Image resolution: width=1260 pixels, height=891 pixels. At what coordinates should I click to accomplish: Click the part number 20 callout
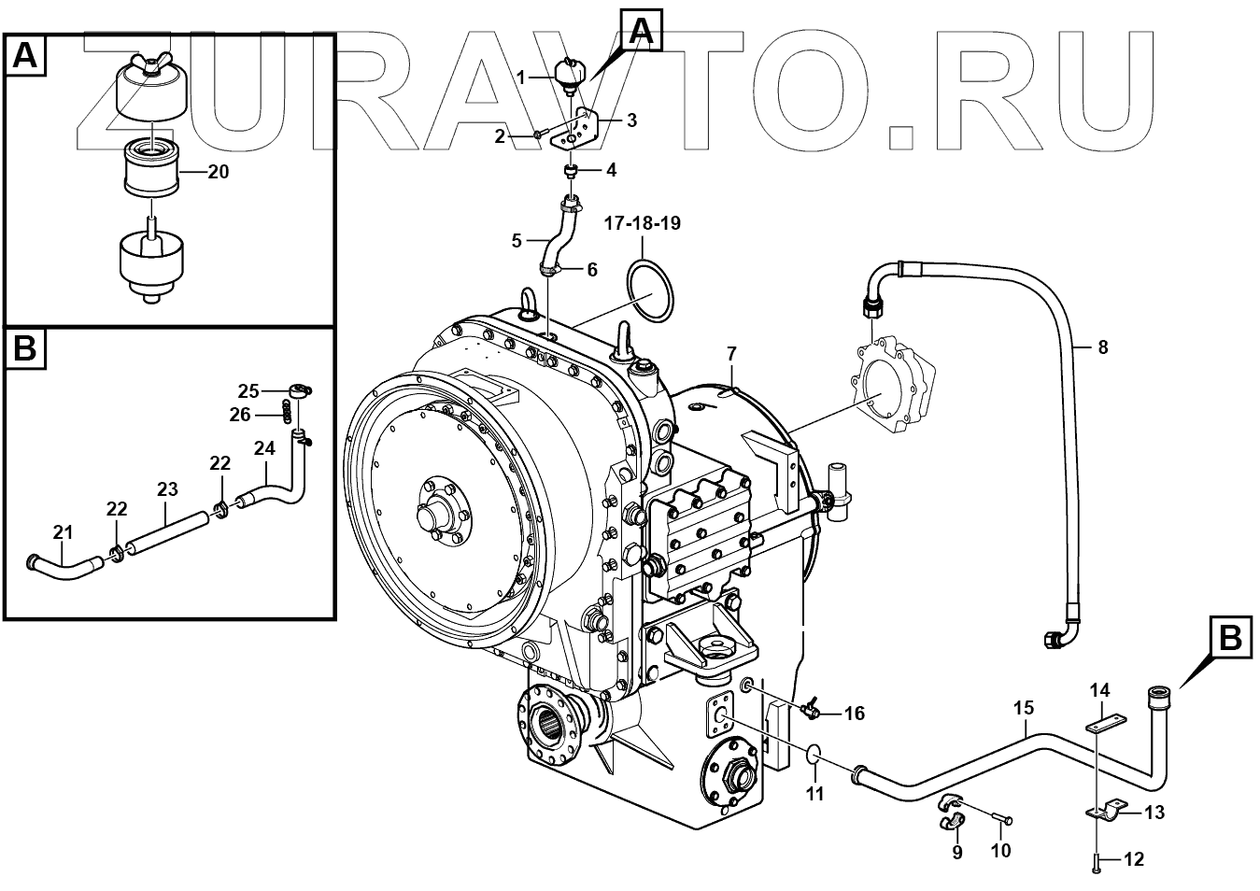pyautogui.click(x=219, y=173)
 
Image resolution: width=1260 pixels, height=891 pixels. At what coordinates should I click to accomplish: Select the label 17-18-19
pyautogui.click(x=643, y=224)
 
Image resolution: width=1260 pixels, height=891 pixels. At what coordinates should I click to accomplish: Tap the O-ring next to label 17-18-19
pyautogui.click(x=651, y=290)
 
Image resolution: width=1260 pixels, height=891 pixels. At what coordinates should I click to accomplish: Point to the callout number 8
pyautogui.click(x=1103, y=347)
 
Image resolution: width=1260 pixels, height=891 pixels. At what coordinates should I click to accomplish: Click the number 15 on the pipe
pyautogui.click(x=1024, y=709)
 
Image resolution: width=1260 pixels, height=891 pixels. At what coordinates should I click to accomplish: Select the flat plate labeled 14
pyautogui.click(x=1107, y=723)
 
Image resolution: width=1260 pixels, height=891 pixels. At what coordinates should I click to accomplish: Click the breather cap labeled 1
pyautogui.click(x=568, y=73)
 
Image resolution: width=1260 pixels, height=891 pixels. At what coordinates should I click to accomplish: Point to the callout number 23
pyautogui.click(x=167, y=488)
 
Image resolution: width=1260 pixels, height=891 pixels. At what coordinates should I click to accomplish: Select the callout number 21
pyautogui.click(x=63, y=532)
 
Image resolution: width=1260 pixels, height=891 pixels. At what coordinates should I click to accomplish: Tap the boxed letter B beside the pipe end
pyautogui.click(x=1229, y=640)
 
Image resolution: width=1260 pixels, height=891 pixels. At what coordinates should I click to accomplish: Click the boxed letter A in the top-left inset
pyautogui.click(x=25, y=57)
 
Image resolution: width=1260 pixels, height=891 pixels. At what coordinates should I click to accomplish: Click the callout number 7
pyautogui.click(x=731, y=354)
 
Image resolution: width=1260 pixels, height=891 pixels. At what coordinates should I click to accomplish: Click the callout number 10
pyautogui.click(x=1000, y=851)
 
